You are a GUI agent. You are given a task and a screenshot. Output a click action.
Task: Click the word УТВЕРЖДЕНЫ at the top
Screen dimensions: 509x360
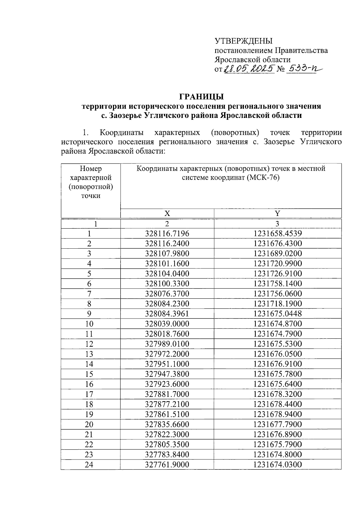pyautogui.click(x=243, y=41)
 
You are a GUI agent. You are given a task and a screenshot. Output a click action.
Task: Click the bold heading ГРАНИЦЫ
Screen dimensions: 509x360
pyautogui.click(x=201, y=97)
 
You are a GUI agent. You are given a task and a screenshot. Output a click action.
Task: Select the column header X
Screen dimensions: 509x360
pyautogui.click(x=167, y=214)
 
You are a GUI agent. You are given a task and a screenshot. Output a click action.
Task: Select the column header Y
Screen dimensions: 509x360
pyautogui.click(x=277, y=214)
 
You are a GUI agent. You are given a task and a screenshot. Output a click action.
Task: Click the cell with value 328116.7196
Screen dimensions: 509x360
pyautogui.click(x=167, y=234)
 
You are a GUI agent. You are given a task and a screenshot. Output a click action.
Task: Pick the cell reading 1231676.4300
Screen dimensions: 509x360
pyautogui.click(x=277, y=244)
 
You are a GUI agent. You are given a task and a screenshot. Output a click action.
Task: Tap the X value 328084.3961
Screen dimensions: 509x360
pyautogui.click(x=167, y=314)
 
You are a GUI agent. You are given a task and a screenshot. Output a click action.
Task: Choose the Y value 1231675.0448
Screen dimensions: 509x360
pyautogui.click(x=277, y=314)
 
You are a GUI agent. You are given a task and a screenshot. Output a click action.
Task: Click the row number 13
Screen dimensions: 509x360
pyautogui.click(x=89, y=354)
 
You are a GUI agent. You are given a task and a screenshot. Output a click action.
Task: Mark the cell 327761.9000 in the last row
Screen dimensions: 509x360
pyautogui.click(x=167, y=465)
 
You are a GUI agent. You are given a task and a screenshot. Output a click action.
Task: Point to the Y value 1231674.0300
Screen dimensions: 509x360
pyautogui.click(x=277, y=465)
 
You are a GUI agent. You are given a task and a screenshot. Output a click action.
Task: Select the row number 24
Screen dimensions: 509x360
pyautogui.click(x=89, y=465)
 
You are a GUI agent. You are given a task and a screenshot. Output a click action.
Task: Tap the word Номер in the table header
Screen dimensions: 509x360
pyautogui.click(x=91, y=169)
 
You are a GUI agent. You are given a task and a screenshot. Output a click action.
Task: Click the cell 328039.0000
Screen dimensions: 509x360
pyautogui.click(x=167, y=324)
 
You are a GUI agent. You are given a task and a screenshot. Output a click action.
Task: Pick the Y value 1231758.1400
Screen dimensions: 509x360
pyautogui.click(x=277, y=284)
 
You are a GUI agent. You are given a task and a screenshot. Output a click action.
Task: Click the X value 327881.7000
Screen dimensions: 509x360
pyautogui.click(x=167, y=394)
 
